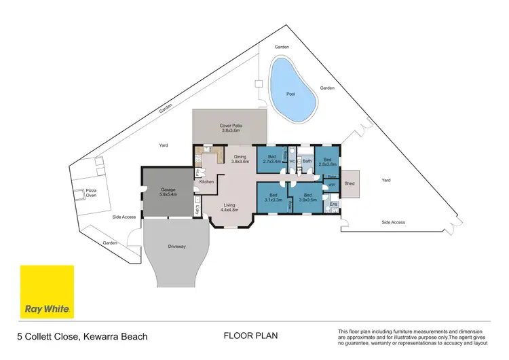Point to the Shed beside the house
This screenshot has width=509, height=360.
(350, 183)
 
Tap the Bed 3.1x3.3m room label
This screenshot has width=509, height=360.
(272, 197)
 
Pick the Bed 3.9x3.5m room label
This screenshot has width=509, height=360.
(307, 197)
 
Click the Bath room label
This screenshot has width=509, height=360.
(307, 161)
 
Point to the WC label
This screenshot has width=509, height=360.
(292, 162)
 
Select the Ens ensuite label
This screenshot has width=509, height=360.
(333, 203)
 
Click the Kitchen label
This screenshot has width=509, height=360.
(206, 181)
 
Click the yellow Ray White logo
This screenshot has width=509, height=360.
(47, 292)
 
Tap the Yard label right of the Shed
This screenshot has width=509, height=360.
(386, 181)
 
